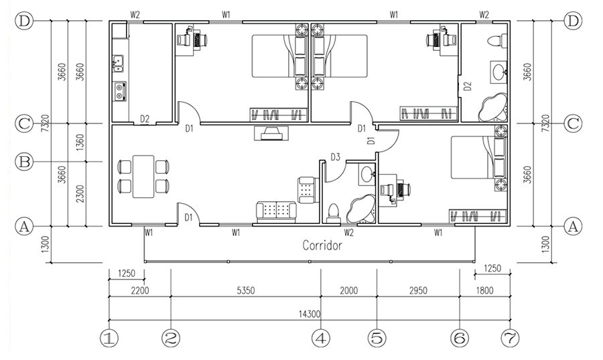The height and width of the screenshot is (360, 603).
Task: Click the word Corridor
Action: [x=322, y=245]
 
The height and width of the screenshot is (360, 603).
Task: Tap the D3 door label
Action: [x=336, y=157]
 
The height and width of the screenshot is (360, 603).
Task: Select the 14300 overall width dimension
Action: [x=310, y=314]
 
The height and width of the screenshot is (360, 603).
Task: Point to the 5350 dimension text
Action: [x=245, y=290]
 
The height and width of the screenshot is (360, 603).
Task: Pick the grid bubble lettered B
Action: [x=24, y=162]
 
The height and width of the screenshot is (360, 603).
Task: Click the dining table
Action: [x=143, y=176]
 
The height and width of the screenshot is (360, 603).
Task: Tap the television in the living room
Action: [x=271, y=133]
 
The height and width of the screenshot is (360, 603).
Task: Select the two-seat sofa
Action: [x=277, y=212]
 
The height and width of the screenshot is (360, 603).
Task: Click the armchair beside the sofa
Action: [x=308, y=190]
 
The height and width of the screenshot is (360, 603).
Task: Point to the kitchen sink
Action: [x=118, y=64]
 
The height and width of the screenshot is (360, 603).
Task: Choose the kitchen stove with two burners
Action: [x=120, y=92]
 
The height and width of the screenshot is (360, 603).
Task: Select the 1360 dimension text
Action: [x=80, y=142]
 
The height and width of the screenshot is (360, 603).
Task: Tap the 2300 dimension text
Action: [x=80, y=194]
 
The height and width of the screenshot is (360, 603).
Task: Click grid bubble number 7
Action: [x=511, y=339]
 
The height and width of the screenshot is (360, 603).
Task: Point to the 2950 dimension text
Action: [x=418, y=290]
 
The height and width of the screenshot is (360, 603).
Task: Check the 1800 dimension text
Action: [x=484, y=290]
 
